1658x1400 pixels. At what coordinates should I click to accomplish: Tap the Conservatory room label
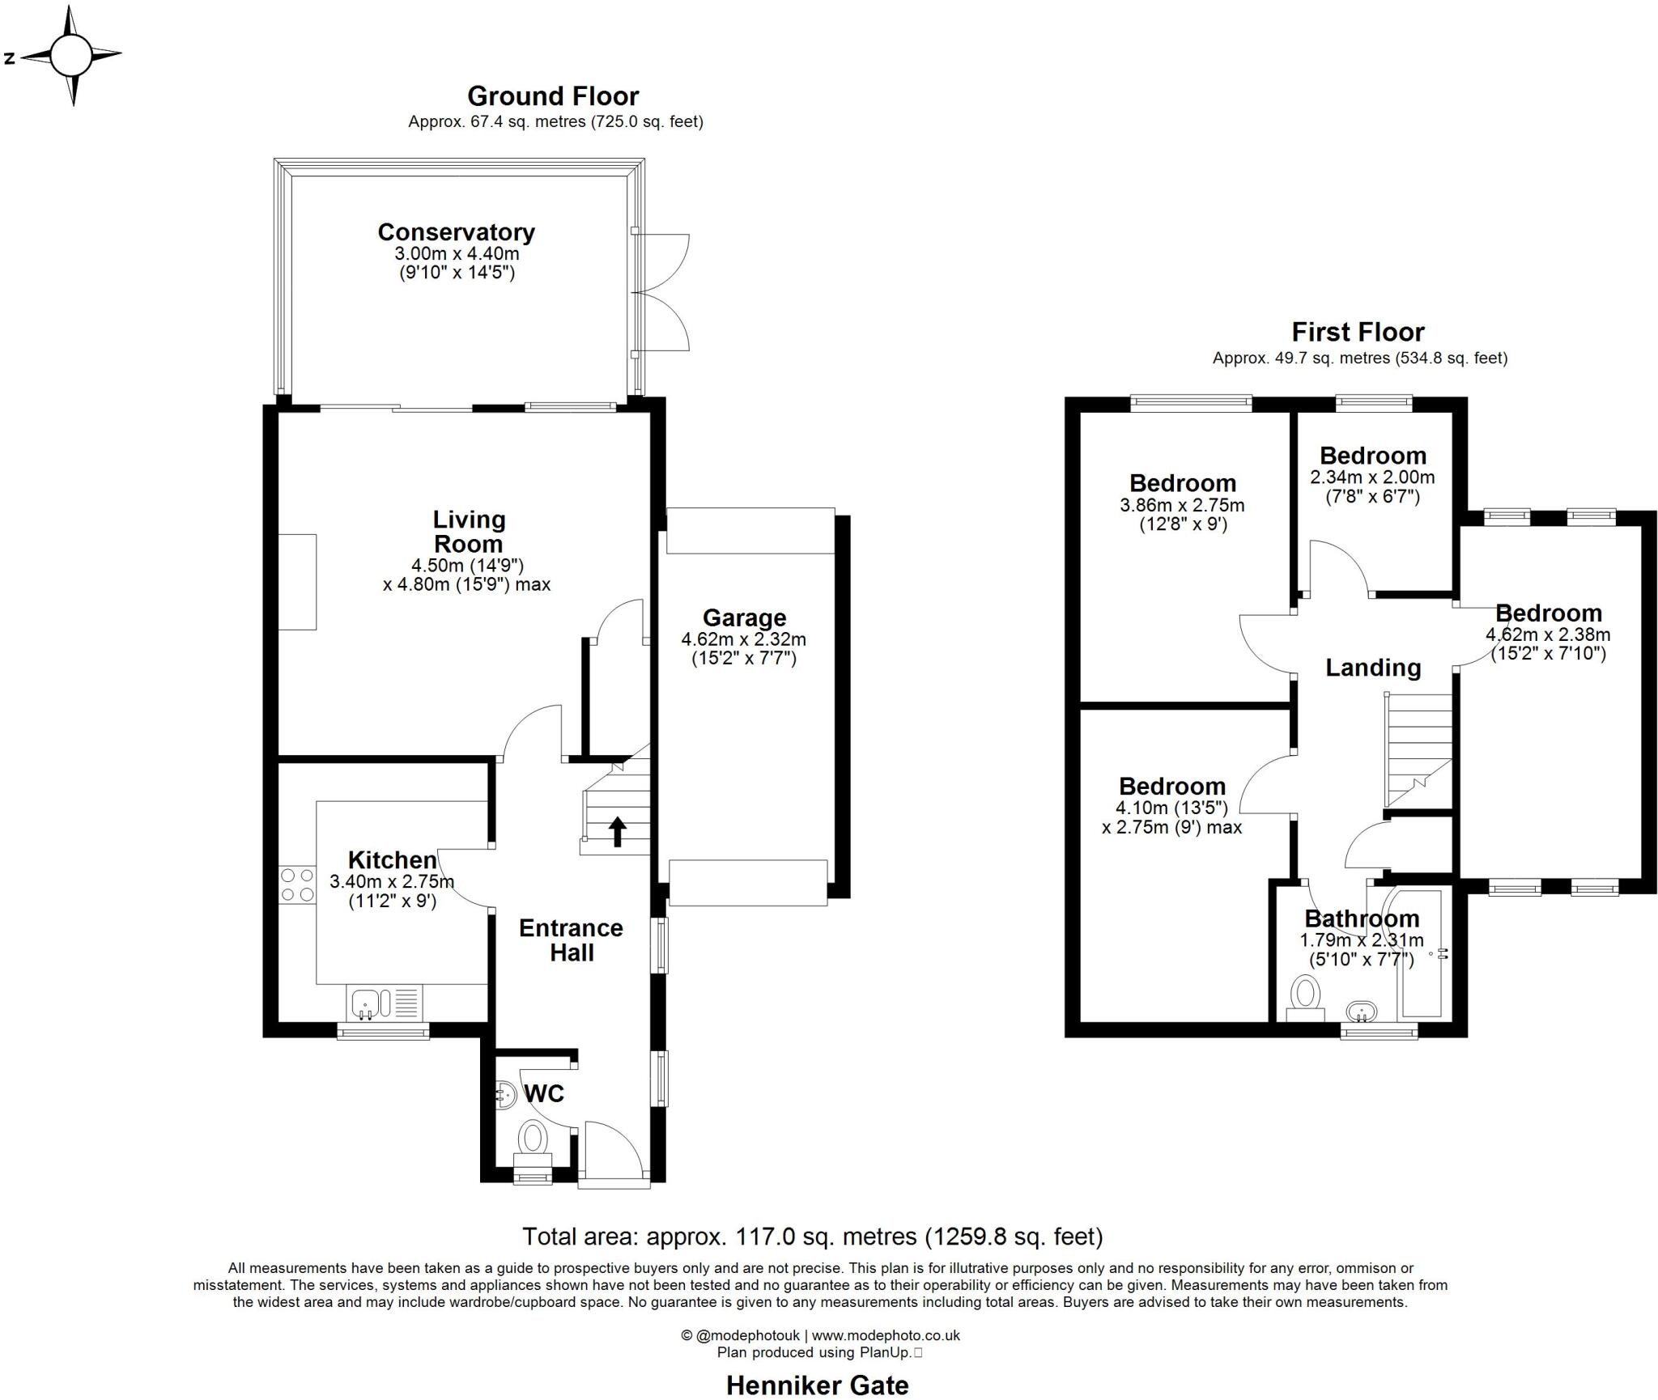pos(456,232)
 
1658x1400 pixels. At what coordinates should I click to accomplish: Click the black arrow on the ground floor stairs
pos(617,831)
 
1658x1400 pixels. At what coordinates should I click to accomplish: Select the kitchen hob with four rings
pos(297,885)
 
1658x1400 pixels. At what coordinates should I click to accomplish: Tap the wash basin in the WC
pos(505,1095)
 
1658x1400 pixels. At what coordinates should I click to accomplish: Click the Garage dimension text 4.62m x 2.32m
pos(743,639)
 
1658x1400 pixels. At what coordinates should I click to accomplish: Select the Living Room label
pos(468,532)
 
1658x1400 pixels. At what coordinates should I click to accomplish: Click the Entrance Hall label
pos(571,940)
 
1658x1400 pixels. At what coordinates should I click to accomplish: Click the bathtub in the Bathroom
pos(1422,955)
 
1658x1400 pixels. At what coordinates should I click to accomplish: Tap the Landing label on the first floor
pos(1373,668)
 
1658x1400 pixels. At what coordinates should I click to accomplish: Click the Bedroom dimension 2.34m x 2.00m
pos(1372,477)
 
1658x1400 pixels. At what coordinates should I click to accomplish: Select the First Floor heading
pos(1358,332)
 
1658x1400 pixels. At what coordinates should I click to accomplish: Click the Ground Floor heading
pos(553,96)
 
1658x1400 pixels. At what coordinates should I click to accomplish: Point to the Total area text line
pos(812,1237)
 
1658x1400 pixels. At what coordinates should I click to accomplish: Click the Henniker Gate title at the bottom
pos(817,1385)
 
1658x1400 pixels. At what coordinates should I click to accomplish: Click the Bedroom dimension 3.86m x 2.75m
pos(1182,506)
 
